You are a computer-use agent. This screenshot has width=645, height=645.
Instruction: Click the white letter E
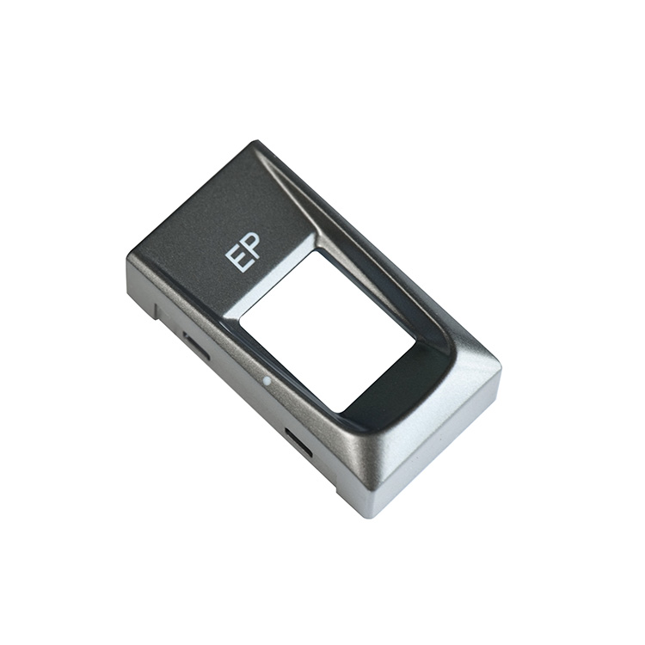235,259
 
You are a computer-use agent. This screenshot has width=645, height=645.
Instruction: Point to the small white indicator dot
267,381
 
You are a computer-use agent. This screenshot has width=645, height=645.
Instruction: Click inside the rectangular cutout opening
327,330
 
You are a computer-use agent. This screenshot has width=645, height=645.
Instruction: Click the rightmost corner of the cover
503,368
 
